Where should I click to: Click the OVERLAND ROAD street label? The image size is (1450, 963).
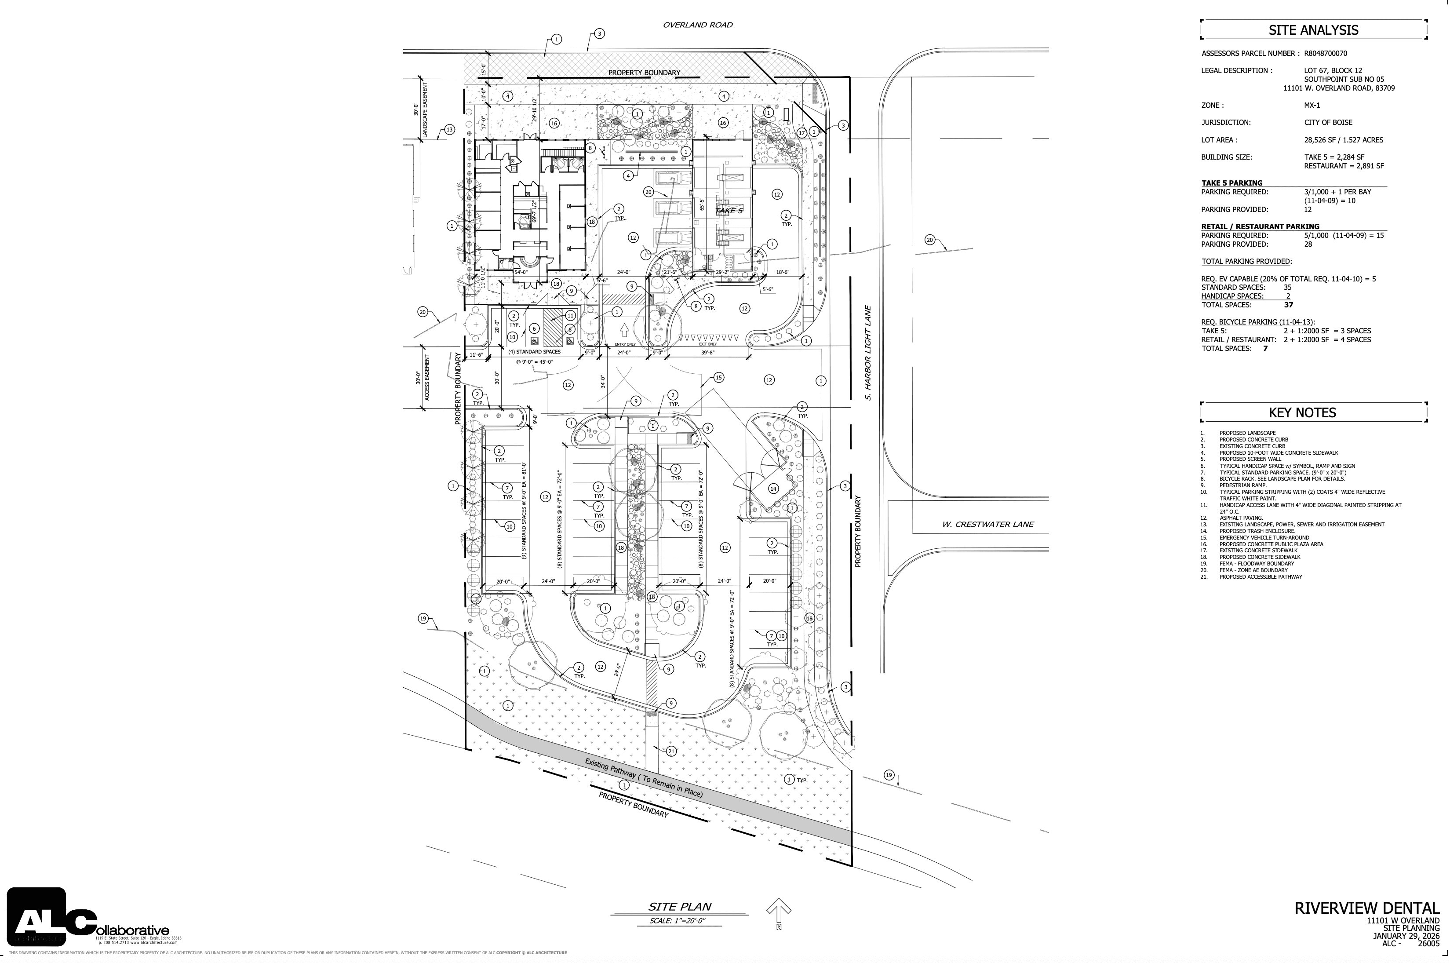pyautogui.click(x=697, y=25)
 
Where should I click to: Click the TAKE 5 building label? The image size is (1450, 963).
pyautogui.click(x=729, y=211)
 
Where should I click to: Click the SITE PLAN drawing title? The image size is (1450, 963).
pyautogui.click(x=680, y=907)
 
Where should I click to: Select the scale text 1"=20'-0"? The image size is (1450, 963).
pyautogui.click(x=677, y=921)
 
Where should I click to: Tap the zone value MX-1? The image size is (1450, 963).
pyautogui.click(x=1312, y=105)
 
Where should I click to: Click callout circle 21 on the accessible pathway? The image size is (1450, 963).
pyautogui.click(x=671, y=751)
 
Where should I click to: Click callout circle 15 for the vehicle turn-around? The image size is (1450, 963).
pyautogui.click(x=718, y=377)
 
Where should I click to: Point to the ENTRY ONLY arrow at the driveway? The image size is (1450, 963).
pyautogui.click(x=624, y=332)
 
